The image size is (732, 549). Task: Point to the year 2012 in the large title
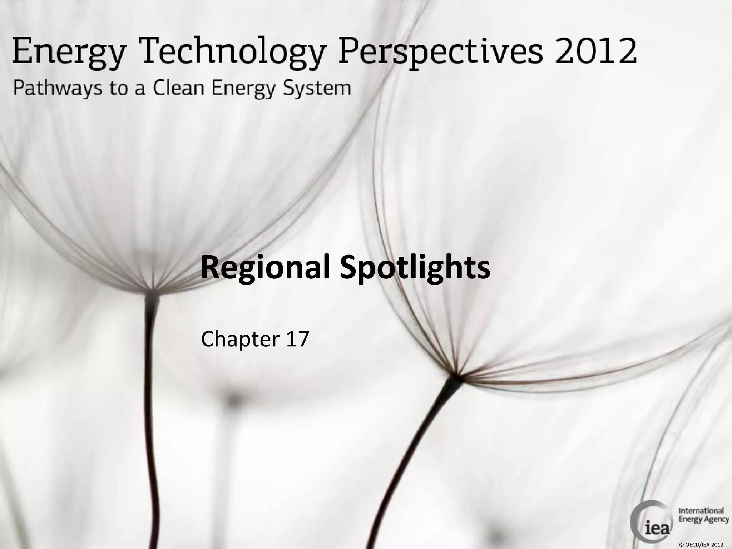(x=596, y=52)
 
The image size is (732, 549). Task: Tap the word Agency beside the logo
(x=716, y=520)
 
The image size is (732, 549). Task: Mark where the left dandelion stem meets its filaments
(x=153, y=290)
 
